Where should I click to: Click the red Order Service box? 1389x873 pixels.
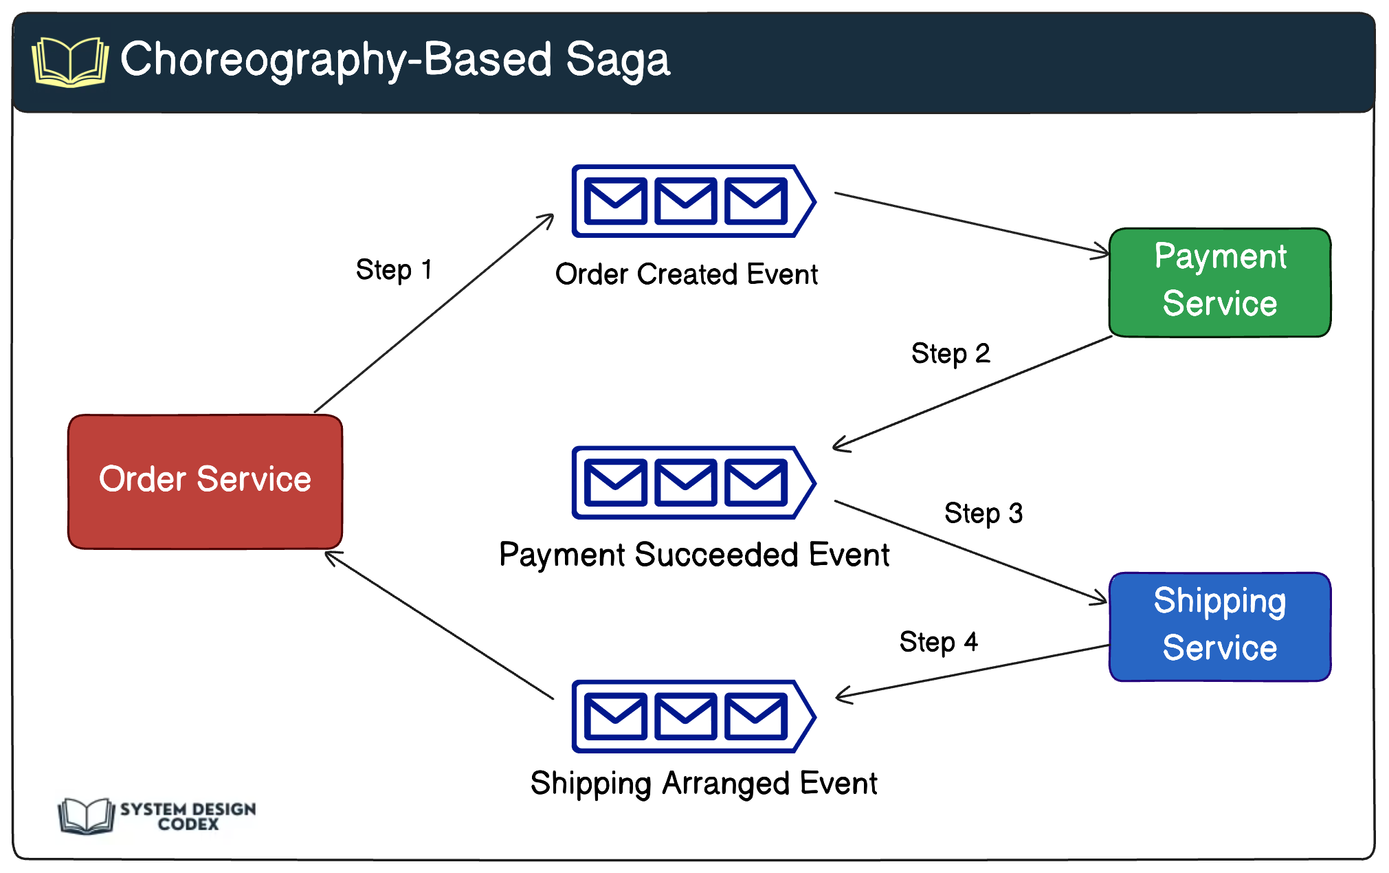[205, 480]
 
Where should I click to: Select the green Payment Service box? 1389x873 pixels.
[1219, 282]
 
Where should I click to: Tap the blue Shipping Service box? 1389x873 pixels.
[1219, 626]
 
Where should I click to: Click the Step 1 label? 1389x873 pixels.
[393, 269]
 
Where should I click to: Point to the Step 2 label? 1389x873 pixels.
[950, 353]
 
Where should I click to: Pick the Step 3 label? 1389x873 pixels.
[983, 513]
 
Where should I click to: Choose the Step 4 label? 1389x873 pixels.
[938, 642]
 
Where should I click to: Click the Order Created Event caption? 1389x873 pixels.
[686, 274]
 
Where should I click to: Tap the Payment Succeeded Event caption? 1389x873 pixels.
[693, 555]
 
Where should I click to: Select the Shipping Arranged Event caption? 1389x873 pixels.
[703, 784]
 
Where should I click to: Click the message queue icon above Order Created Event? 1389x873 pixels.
[693, 201]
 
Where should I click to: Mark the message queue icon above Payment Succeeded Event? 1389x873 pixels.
[693, 482]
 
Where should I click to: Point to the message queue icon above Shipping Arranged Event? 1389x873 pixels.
[693, 716]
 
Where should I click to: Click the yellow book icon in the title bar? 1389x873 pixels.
[69, 62]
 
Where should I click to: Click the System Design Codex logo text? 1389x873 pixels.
[188, 816]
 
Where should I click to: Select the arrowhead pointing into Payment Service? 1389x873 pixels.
[1102, 252]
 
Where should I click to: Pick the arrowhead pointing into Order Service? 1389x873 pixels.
[331, 555]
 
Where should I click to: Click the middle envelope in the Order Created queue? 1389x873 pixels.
[685, 201]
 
